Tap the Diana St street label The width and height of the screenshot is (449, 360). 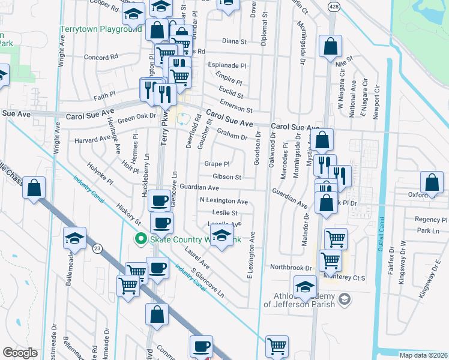[x=235, y=41]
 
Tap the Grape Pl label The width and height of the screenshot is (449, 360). [x=217, y=164]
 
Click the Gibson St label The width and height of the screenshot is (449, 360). [x=227, y=177]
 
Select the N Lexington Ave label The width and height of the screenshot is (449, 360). [x=224, y=201]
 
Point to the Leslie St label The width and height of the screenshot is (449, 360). [x=225, y=212]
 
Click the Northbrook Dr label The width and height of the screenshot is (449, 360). [x=291, y=267]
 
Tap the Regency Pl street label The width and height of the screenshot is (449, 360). [x=427, y=220]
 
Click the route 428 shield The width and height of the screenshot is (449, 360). [x=334, y=5]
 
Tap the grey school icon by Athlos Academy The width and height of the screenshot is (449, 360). [x=345, y=298]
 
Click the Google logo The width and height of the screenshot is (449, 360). [x=20, y=353]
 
